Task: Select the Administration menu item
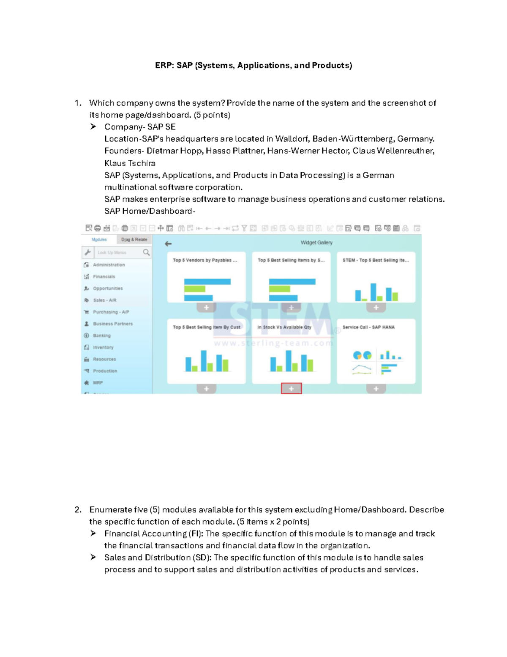click(x=109, y=265)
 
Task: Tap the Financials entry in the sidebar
click(x=104, y=277)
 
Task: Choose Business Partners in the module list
click(x=112, y=324)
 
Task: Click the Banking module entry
click(x=102, y=335)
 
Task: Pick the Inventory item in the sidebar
click(x=103, y=347)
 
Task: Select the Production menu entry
click(x=105, y=371)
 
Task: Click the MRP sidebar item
click(x=98, y=383)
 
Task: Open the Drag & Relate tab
click(x=134, y=239)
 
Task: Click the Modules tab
click(x=99, y=239)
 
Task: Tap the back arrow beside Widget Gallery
click(x=168, y=244)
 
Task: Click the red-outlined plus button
click(x=291, y=388)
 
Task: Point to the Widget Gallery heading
click(x=316, y=243)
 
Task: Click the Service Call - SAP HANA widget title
click(x=368, y=327)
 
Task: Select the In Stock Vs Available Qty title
click(x=284, y=327)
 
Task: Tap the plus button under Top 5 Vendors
click(x=206, y=308)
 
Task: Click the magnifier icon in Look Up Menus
click(x=146, y=253)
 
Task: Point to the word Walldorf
click(x=291, y=139)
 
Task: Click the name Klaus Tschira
click(x=130, y=163)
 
